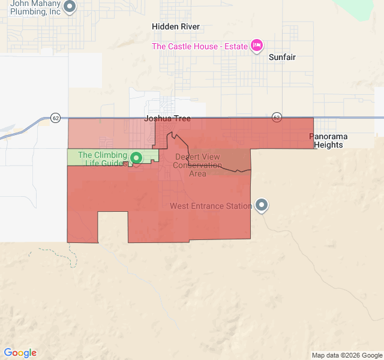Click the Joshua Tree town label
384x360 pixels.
(x=167, y=119)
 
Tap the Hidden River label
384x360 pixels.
(x=176, y=27)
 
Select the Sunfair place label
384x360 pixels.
(x=282, y=57)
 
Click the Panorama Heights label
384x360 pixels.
(x=328, y=140)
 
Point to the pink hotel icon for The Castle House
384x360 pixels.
(x=257, y=46)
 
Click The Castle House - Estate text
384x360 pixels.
(x=199, y=46)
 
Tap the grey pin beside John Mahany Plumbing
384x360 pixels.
(x=70, y=7)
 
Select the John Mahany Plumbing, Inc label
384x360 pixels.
(x=35, y=7)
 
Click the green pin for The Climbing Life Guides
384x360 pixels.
(x=136, y=158)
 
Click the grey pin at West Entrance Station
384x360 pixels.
(x=262, y=205)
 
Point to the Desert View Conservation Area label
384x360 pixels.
(x=197, y=165)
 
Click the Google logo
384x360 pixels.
(x=20, y=353)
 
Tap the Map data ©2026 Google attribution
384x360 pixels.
(x=346, y=355)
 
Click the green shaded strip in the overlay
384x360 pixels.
(x=90, y=155)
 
